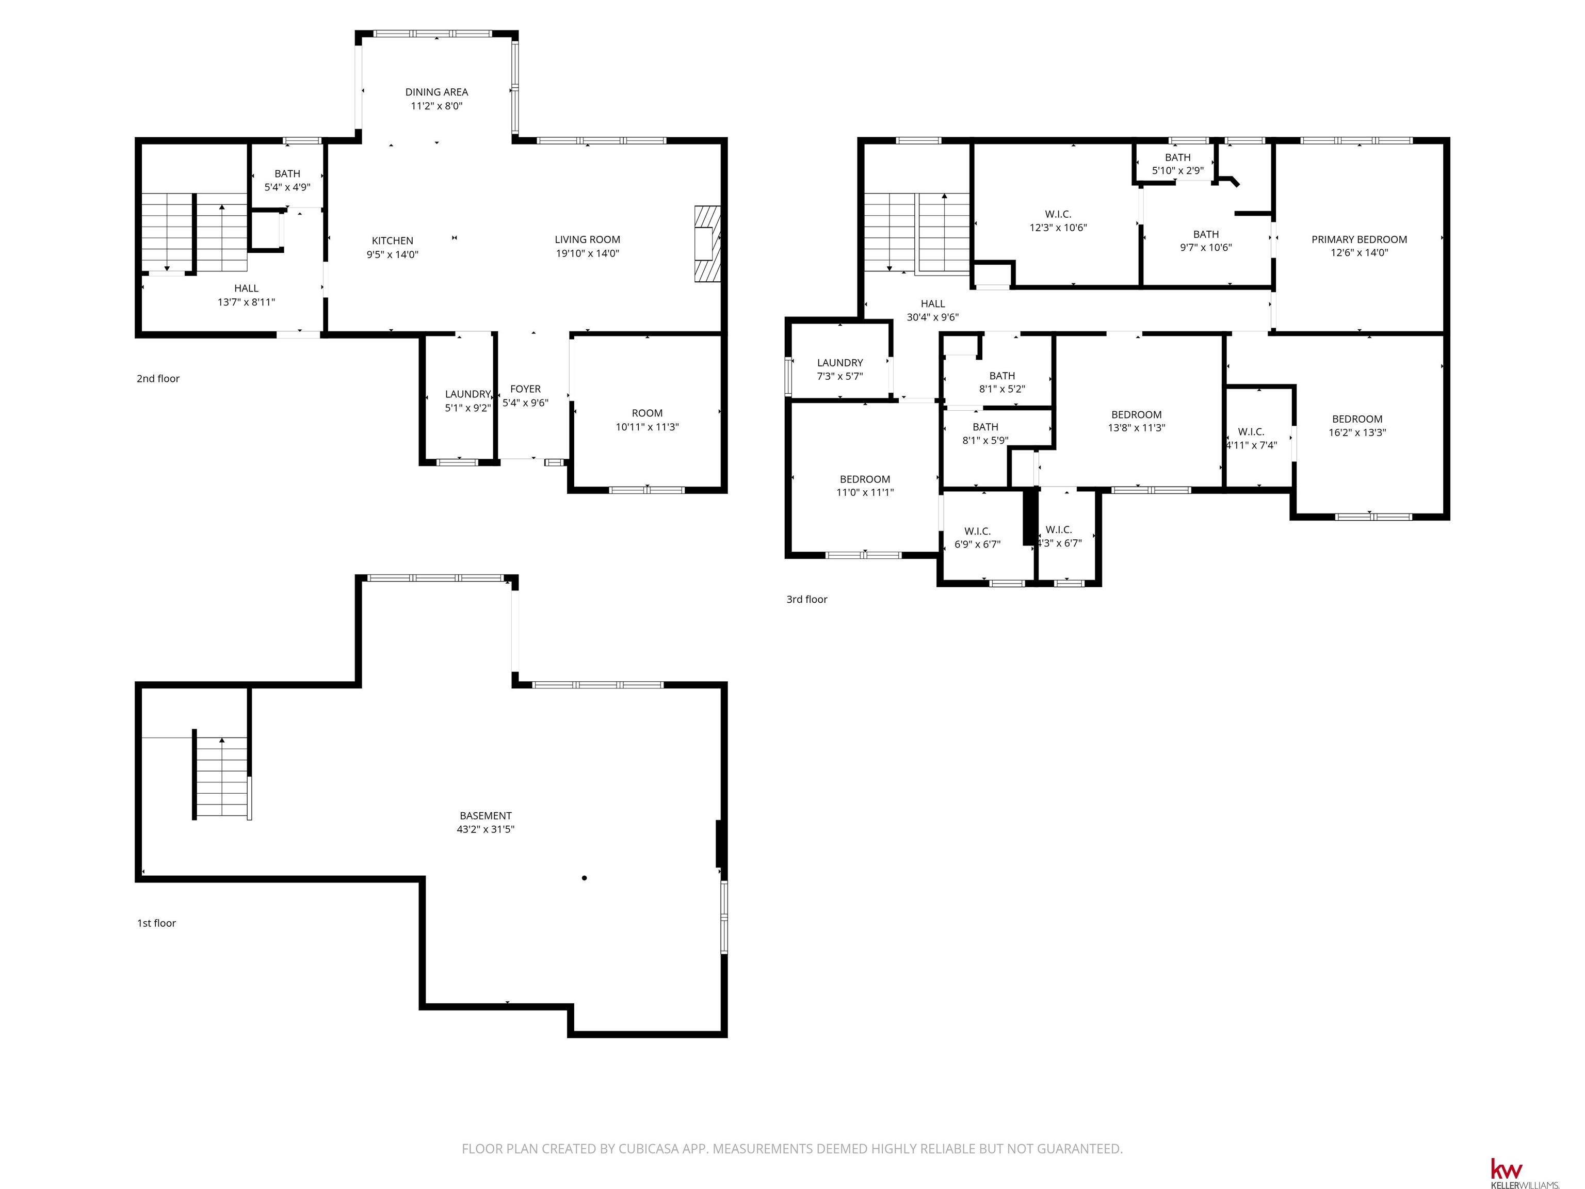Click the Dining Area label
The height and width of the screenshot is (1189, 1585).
(x=436, y=92)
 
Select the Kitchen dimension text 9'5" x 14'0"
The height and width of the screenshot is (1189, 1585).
(x=392, y=254)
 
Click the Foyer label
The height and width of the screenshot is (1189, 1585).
(x=525, y=389)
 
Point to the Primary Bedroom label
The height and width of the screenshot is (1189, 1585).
(x=1360, y=239)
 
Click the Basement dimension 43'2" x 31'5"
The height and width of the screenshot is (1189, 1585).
(x=486, y=829)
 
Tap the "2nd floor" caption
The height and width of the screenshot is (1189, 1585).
(x=158, y=378)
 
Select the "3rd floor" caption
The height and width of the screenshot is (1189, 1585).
(x=807, y=599)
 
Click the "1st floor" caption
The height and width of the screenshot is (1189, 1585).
(x=156, y=923)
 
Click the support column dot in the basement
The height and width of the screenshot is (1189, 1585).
(x=585, y=878)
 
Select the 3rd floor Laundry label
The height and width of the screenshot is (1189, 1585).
(x=840, y=363)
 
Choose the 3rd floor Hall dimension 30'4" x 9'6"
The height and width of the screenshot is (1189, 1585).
(x=933, y=317)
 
